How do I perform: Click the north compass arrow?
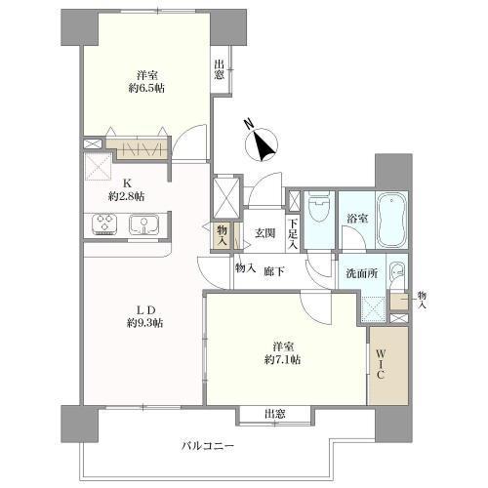click(263, 145)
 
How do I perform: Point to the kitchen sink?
click(140, 225)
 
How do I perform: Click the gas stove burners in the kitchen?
click(105, 225)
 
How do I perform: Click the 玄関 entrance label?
click(265, 233)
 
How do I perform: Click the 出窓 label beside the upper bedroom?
click(220, 70)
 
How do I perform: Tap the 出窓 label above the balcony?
click(275, 414)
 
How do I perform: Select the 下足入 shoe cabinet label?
click(293, 235)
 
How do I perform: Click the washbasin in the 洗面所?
click(395, 273)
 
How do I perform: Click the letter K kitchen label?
click(127, 181)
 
